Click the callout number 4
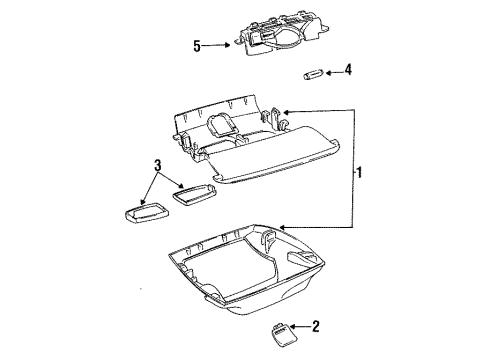348,70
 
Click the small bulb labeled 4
310,73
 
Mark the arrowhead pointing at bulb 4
325,72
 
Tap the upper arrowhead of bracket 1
285,111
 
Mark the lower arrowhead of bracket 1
283,227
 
